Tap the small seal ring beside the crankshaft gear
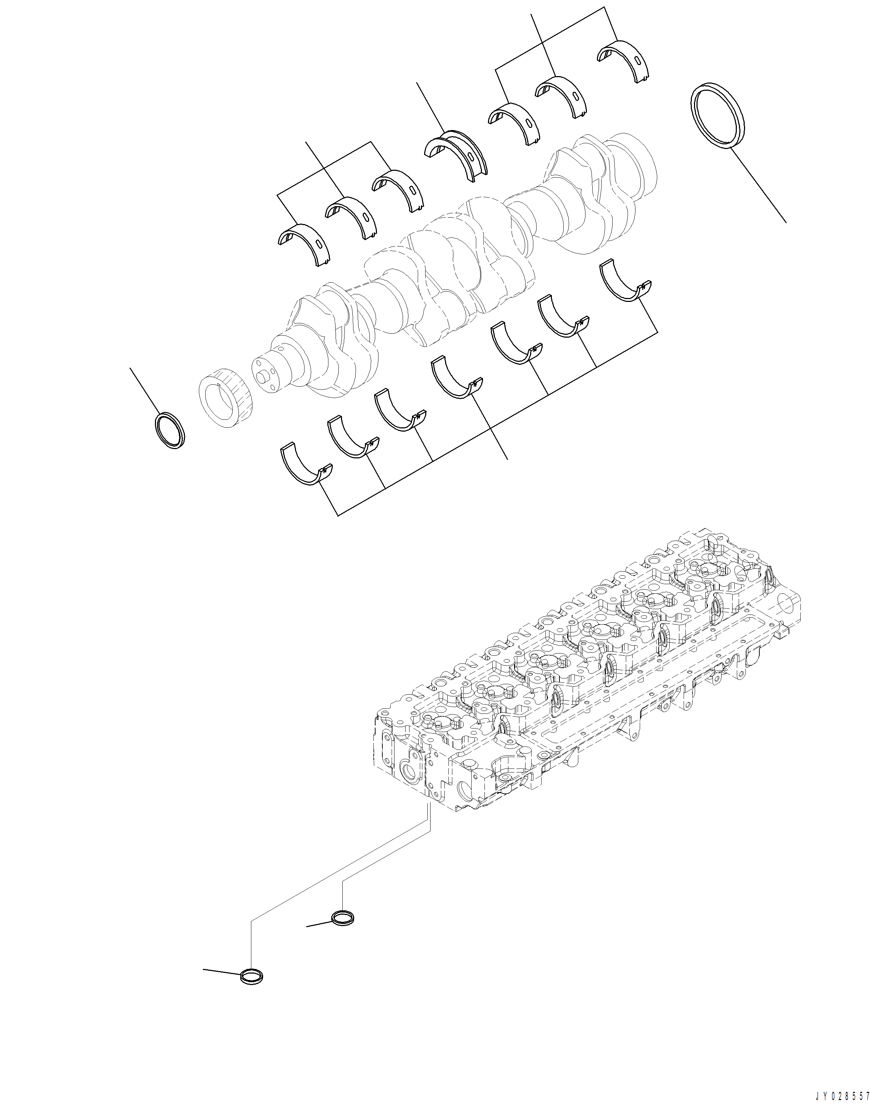tap(170, 430)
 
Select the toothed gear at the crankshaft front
tap(224, 394)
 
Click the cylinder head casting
tap(589, 681)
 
